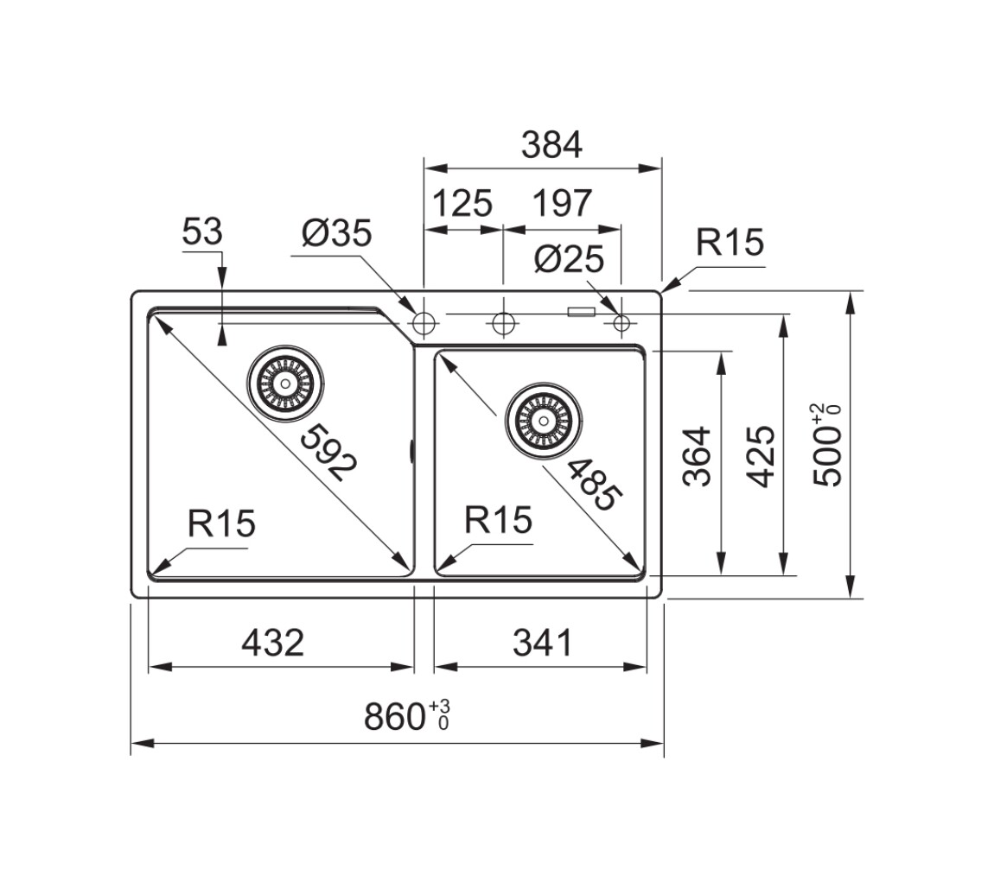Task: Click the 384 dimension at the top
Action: point(551,145)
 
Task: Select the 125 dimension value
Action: point(462,203)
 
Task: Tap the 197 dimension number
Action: point(563,203)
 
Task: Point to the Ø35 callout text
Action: point(336,232)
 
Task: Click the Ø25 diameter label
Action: point(569,259)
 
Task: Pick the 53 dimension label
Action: point(202,232)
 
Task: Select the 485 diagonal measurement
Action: point(592,485)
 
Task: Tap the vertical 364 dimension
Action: point(698,457)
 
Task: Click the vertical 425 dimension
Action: point(761,457)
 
